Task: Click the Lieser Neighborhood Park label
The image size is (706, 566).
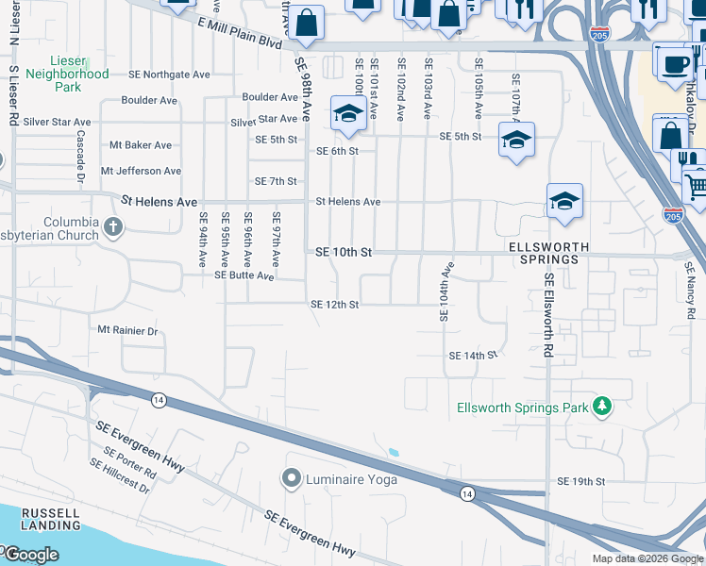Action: click(x=67, y=73)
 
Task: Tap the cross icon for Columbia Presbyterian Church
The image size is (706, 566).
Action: click(x=112, y=227)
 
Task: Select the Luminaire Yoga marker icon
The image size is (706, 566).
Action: click(x=290, y=479)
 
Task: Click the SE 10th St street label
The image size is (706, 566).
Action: click(x=344, y=253)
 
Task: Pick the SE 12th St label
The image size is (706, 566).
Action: click(x=335, y=305)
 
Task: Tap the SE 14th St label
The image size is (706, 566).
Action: click(x=473, y=356)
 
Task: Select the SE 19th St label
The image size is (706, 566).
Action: click(x=580, y=481)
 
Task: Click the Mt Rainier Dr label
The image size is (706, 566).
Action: click(x=127, y=330)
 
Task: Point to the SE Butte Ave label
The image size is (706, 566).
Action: click(x=244, y=275)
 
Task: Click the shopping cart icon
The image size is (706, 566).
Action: click(x=696, y=184)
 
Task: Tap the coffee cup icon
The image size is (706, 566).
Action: click(x=675, y=65)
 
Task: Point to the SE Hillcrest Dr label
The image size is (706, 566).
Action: click(x=120, y=475)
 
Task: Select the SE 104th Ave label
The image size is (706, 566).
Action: click(x=445, y=291)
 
